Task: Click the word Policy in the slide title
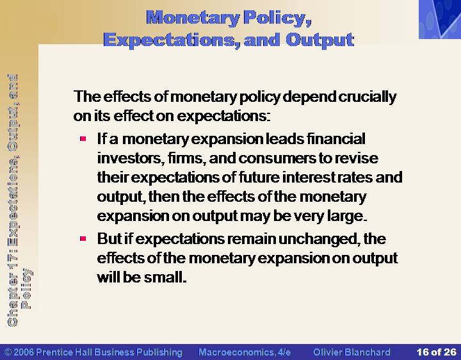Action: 277,18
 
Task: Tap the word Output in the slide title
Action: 319,40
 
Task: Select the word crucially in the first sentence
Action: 368,97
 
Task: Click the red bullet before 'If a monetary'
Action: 83,138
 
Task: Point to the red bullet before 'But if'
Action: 83,238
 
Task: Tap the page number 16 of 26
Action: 436,352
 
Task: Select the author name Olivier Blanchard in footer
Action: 352,352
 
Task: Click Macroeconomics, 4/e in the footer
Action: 245,352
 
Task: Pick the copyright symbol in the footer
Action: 8,352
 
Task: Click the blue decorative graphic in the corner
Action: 440,19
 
